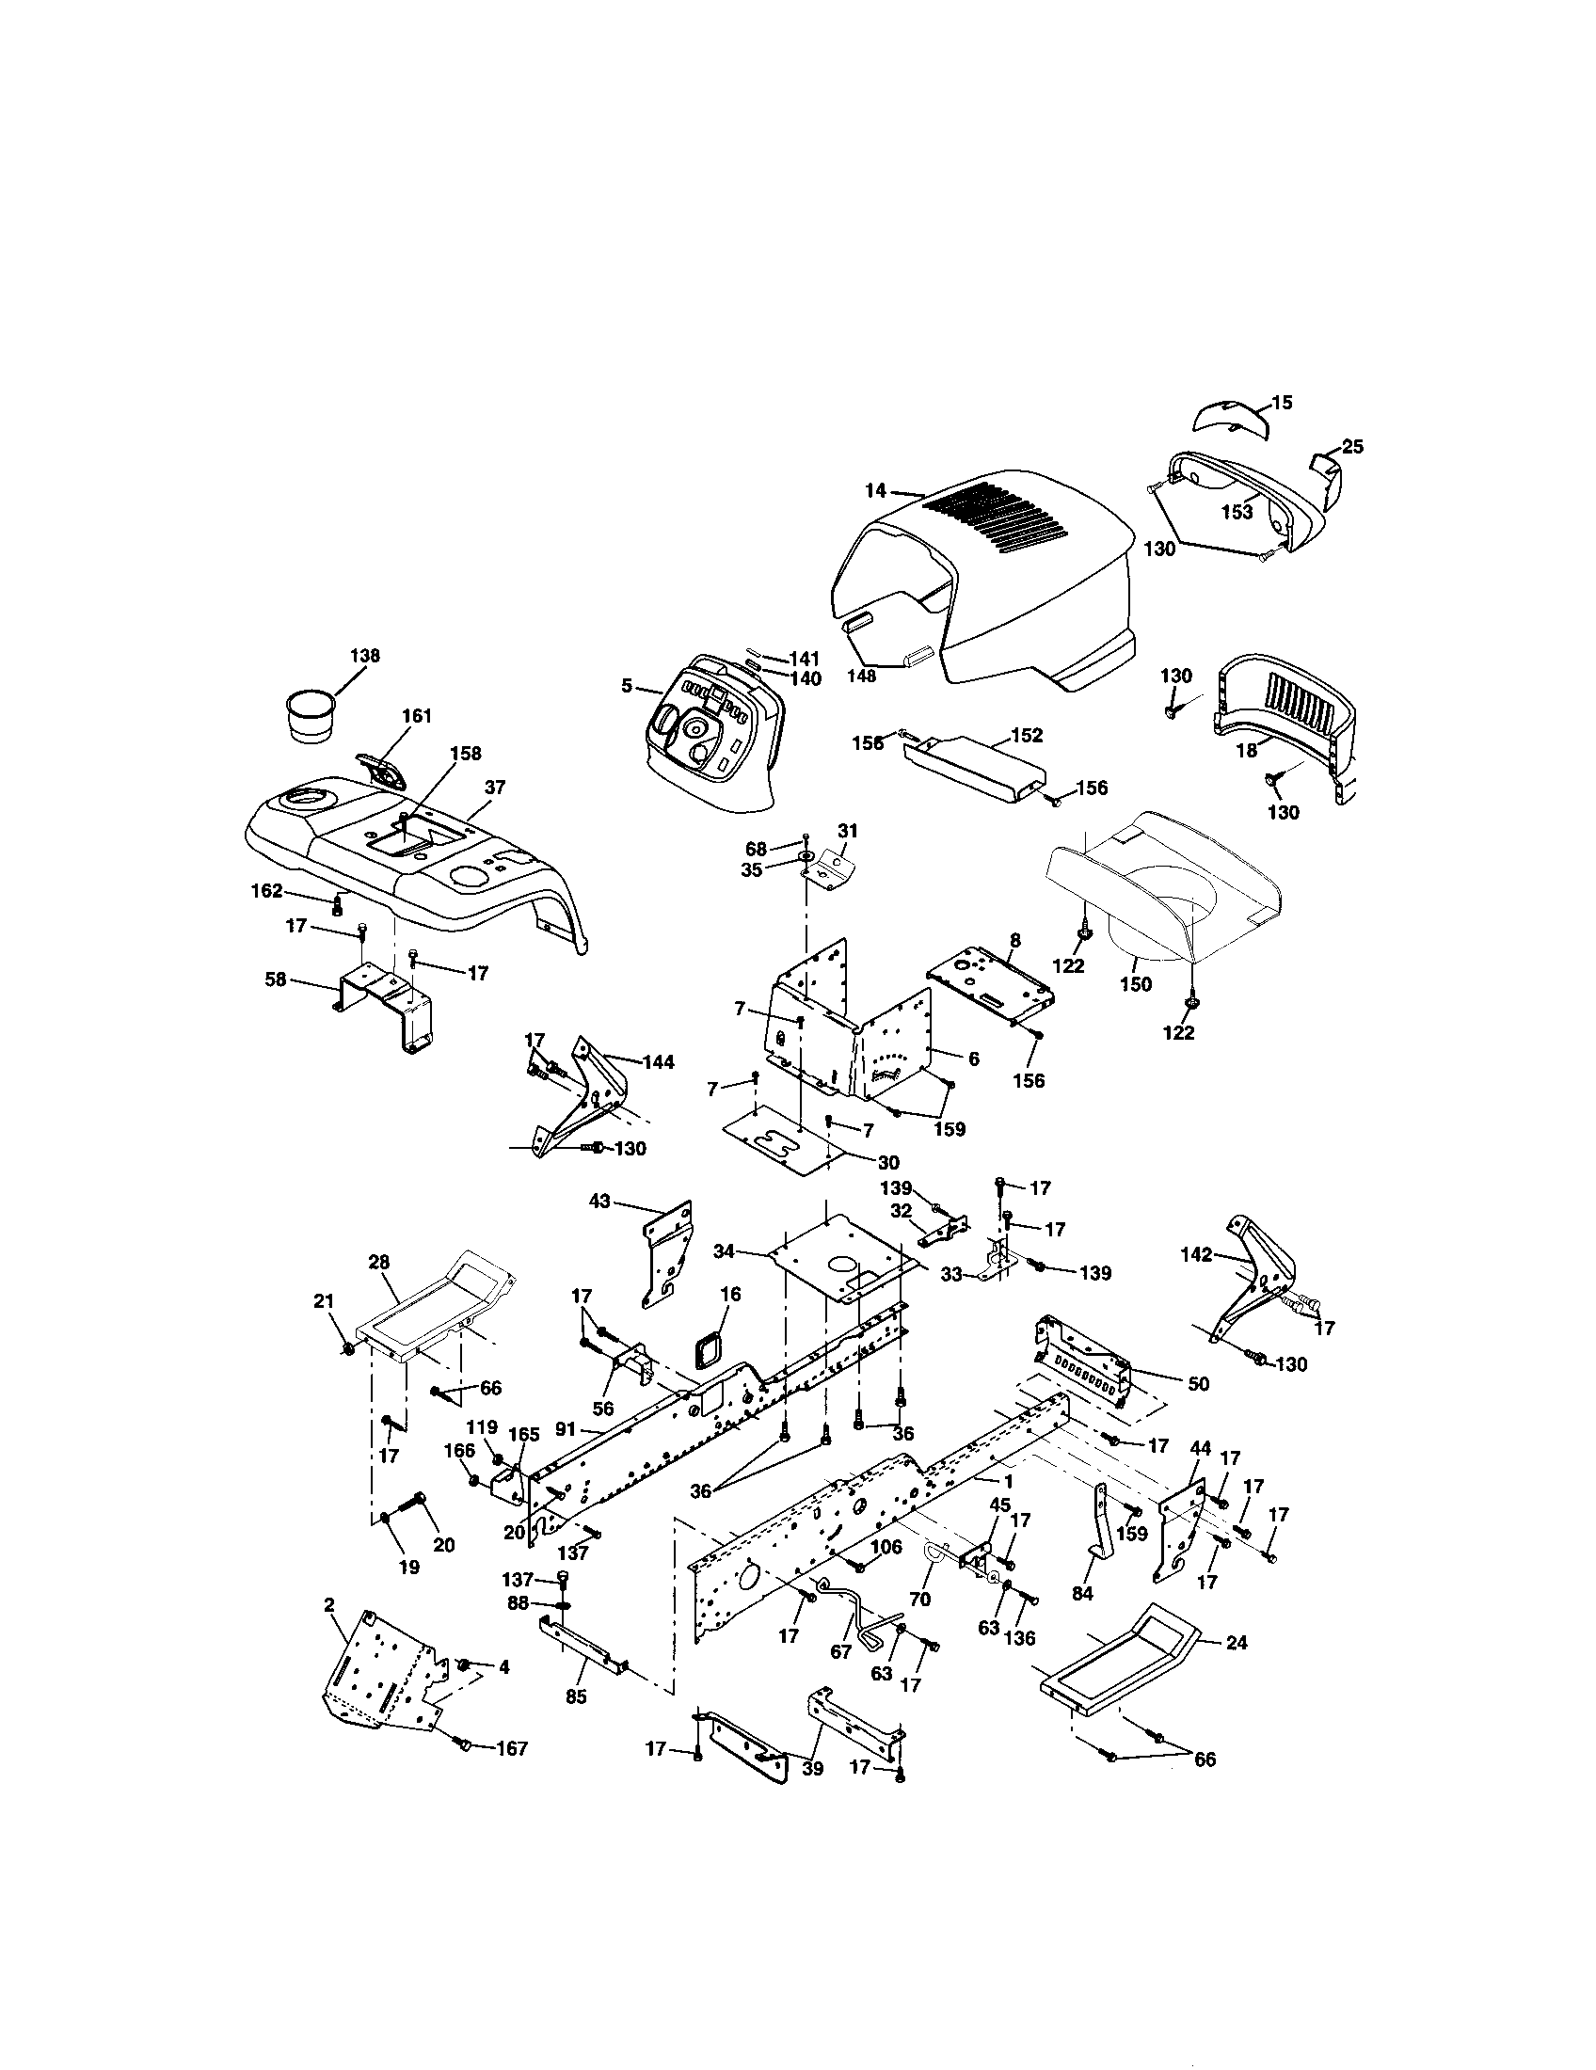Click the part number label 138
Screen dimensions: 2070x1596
(365, 655)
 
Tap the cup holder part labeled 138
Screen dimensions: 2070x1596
(312, 718)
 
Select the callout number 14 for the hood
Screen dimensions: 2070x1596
(875, 490)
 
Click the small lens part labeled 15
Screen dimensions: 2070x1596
(1227, 417)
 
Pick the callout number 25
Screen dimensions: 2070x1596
(1352, 445)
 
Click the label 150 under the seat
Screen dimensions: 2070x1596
(1135, 984)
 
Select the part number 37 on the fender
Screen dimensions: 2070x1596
(495, 787)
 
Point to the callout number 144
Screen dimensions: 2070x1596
(658, 1062)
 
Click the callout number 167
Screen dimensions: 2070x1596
(512, 1749)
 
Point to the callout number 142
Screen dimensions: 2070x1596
(1196, 1255)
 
